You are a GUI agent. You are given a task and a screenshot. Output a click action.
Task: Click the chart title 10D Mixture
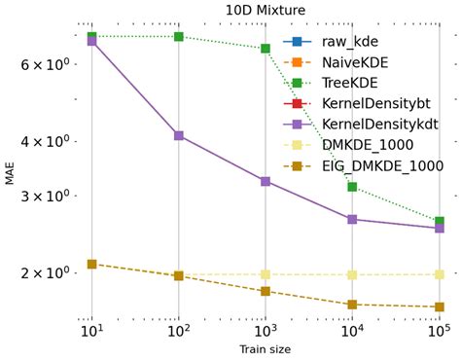[265, 10]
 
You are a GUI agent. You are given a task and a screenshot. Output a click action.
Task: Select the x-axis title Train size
[265, 348]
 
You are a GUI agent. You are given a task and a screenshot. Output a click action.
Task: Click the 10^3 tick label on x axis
[265, 330]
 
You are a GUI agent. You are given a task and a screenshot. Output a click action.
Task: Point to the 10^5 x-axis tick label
[440, 330]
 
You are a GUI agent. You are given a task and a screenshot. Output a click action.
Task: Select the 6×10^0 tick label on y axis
[52, 64]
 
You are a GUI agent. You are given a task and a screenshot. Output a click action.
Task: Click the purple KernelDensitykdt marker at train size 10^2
[178, 135]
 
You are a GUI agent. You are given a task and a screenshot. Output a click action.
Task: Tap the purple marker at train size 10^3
[265, 181]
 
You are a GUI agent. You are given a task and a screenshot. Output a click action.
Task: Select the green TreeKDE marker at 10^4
[352, 187]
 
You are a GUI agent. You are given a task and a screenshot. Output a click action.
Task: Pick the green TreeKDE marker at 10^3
[265, 49]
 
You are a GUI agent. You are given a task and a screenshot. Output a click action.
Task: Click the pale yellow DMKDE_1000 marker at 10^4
[352, 274]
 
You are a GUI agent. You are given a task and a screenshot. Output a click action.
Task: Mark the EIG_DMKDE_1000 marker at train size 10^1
[91, 264]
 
